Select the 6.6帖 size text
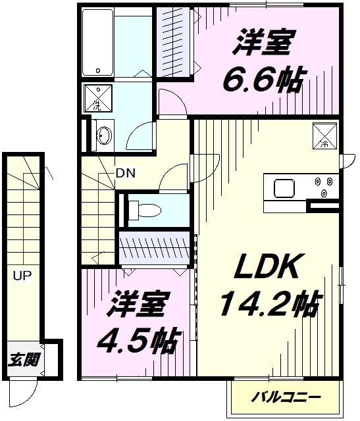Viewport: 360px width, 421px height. pyautogui.click(x=262, y=81)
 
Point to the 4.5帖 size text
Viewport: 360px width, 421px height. pyautogui.click(x=134, y=340)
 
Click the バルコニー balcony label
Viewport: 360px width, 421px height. pyautogui.click(x=286, y=397)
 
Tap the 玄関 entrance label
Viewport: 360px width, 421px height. pyautogui.click(x=24, y=360)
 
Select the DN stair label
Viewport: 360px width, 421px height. pyautogui.click(x=125, y=174)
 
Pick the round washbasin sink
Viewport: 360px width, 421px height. pyautogui.click(x=102, y=136)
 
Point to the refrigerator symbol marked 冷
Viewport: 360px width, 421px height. pyautogui.click(x=323, y=136)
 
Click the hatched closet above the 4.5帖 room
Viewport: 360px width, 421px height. pyautogui.click(x=157, y=249)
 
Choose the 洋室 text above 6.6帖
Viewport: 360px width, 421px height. pyautogui.click(x=262, y=45)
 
